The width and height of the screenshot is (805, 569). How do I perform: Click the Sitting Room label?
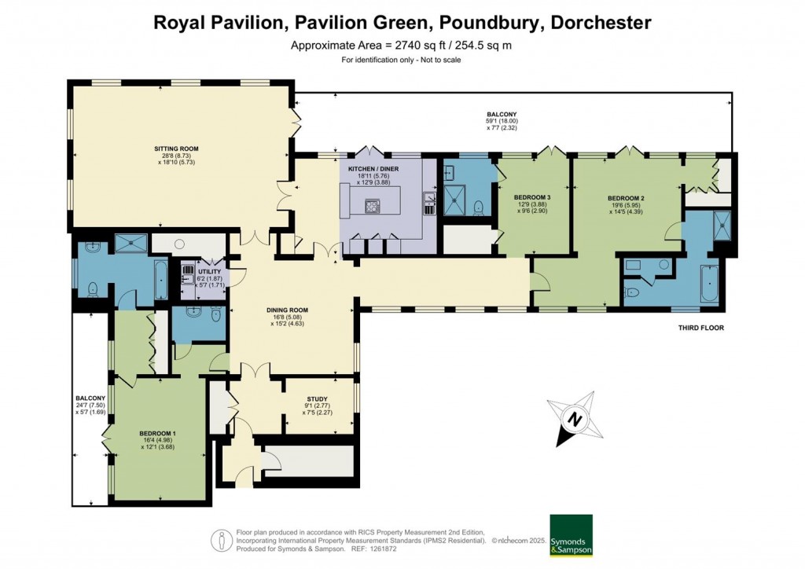click(x=176, y=149)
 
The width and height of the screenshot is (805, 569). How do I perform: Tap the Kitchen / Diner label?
click(x=373, y=169)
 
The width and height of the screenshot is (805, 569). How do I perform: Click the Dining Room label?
click(x=288, y=310)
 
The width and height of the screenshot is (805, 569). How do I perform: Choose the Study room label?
click(x=318, y=399)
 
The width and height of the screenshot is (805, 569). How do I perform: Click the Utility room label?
click(x=209, y=271)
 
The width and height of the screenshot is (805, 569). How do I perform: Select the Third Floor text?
click(x=701, y=328)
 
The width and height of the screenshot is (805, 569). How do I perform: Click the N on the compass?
click(x=575, y=419)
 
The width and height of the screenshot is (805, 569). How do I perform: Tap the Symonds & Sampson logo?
click(x=572, y=535)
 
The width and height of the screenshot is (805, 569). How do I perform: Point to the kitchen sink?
click(x=428, y=204)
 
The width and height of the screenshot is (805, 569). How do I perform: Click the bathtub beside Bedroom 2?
click(x=710, y=283)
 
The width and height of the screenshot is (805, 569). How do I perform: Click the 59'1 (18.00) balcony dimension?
click(x=502, y=121)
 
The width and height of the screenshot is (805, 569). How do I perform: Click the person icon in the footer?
click(x=222, y=540)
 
